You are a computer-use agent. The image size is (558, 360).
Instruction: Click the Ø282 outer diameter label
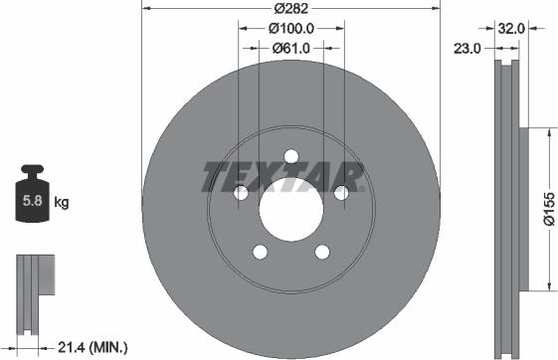point(290,9)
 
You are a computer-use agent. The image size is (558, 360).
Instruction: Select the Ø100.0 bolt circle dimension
point(291,29)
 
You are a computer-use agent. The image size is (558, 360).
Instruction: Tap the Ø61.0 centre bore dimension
point(291,48)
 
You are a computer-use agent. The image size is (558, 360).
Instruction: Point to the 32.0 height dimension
point(511,29)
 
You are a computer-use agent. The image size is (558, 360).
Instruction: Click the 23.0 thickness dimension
point(466,49)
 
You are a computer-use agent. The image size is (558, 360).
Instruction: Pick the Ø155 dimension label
point(549,209)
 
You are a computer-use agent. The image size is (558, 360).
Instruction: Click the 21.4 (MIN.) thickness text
point(93,347)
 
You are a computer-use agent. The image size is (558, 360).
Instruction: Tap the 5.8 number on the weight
point(33,201)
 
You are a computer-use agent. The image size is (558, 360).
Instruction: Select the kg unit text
point(62,203)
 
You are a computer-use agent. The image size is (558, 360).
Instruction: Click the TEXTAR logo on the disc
point(282,177)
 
